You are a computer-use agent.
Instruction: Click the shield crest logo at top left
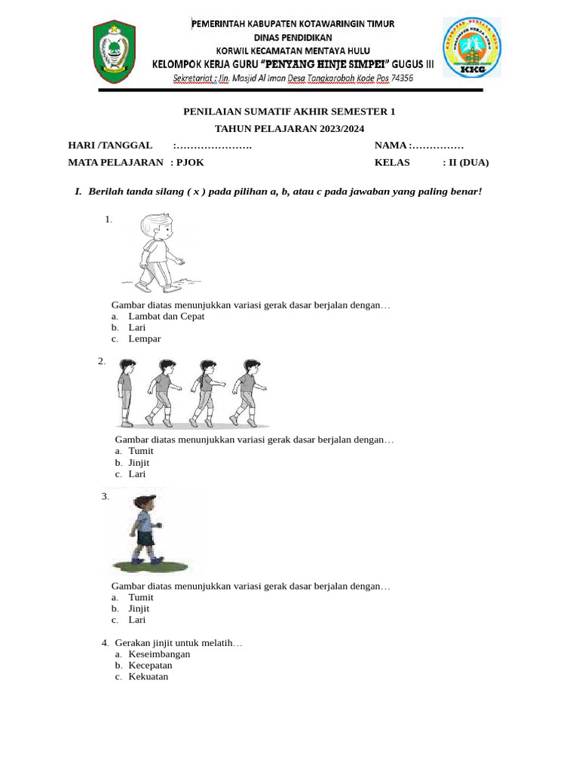point(115,51)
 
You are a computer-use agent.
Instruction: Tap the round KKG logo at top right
point(471,48)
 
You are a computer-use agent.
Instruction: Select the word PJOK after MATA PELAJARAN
point(190,162)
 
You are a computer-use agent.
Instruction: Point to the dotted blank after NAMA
point(438,146)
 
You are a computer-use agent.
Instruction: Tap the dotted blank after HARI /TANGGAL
point(213,146)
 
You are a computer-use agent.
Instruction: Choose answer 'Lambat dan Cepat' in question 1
point(166,317)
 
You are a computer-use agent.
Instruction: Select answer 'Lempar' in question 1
point(144,339)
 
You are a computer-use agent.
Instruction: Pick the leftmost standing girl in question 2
point(125,393)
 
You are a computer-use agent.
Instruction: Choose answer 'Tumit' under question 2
point(141,451)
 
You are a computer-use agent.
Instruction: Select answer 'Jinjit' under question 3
point(139,608)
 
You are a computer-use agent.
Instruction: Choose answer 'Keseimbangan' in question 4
point(159,654)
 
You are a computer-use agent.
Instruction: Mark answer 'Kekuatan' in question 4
point(149,677)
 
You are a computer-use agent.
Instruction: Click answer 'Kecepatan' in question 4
point(150,666)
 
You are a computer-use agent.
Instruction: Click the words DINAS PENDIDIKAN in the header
point(293,37)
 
